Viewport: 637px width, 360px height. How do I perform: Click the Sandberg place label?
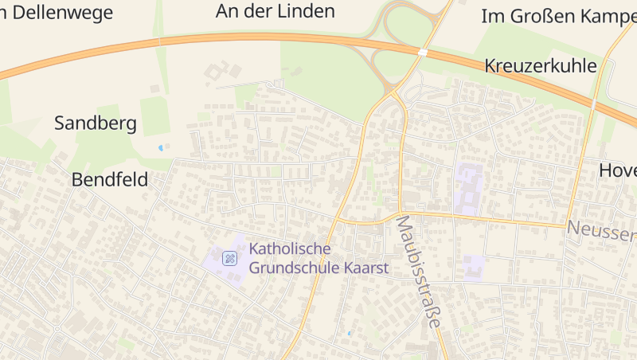[96, 123]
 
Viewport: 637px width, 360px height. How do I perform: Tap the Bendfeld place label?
[110, 180]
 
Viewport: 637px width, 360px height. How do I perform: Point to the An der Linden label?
[276, 11]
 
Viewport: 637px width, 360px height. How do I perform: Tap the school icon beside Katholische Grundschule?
[229, 257]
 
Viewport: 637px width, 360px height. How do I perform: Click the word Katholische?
[290, 248]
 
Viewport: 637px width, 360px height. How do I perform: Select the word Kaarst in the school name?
[365, 268]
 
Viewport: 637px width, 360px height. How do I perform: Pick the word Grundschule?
[293, 268]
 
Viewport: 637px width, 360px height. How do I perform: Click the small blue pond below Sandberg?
[162, 147]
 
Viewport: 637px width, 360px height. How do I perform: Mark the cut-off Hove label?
[618, 170]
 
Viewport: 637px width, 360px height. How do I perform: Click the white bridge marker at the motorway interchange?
[423, 52]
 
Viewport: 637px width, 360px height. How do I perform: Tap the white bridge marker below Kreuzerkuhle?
[593, 104]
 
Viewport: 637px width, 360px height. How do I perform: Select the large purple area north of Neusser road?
[468, 188]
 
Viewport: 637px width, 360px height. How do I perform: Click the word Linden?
[308, 11]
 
